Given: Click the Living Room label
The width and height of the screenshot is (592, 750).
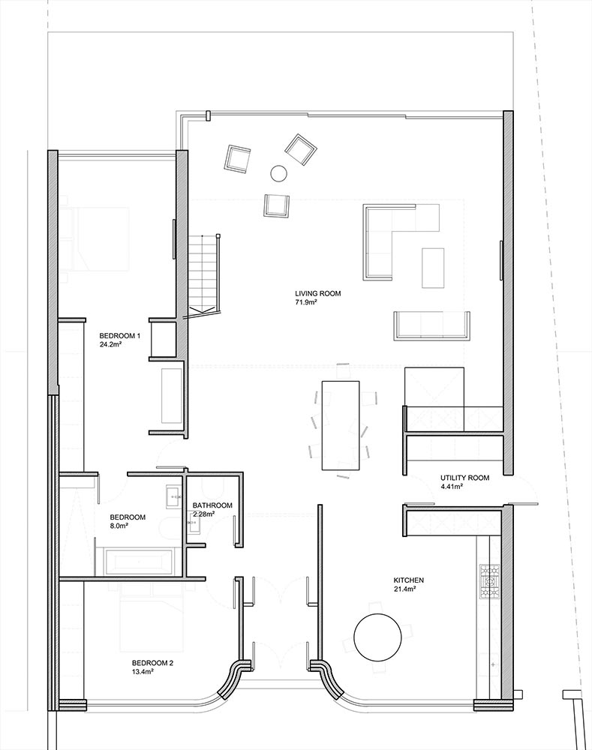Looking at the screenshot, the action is pyautogui.click(x=318, y=294).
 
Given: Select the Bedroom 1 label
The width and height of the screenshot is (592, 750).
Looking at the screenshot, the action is pyautogui.click(x=119, y=336).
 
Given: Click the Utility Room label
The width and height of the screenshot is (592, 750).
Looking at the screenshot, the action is pyautogui.click(x=464, y=478).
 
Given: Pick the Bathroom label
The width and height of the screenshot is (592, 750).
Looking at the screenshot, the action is pyautogui.click(x=212, y=505).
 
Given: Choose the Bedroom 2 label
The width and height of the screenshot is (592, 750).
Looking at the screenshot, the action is pyautogui.click(x=152, y=664).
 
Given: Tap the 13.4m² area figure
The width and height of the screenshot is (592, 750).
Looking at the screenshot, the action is pyautogui.click(x=143, y=672).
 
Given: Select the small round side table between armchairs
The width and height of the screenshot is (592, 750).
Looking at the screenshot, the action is pyautogui.click(x=278, y=173).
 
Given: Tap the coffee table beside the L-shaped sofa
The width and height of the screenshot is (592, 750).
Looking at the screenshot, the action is pyautogui.click(x=433, y=268).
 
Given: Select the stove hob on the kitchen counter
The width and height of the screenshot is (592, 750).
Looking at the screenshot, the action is pyautogui.click(x=490, y=582).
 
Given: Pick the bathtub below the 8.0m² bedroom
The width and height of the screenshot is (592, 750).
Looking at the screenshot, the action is pyautogui.click(x=139, y=562).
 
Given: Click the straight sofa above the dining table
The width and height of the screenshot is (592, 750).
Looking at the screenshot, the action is pyautogui.click(x=431, y=325).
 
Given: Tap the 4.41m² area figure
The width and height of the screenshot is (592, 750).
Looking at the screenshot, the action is pyautogui.click(x=451, y=487).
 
